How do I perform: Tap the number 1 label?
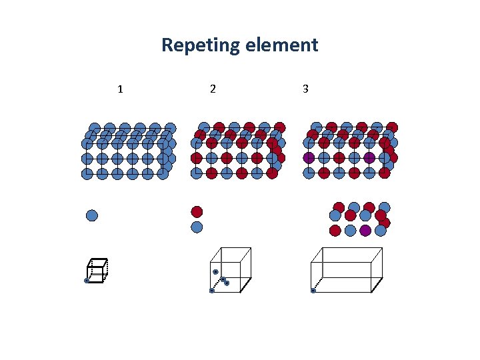coord(120,89)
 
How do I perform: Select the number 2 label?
coord(212,89)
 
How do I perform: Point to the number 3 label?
coord(305,89)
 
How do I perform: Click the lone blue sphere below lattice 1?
coord(92,215)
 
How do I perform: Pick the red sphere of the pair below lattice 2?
coord(197,212)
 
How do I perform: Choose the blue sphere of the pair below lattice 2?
coord(197,227)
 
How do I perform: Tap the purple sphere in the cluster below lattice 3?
coord(365,231)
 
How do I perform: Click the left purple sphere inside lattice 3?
coord(309,159)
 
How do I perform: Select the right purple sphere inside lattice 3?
coord(369,159)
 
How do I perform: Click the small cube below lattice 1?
coord(97,270)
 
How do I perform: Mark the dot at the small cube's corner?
coord(87,281)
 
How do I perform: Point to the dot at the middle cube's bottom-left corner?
coord(211,291)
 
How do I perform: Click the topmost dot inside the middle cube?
coord(215,272)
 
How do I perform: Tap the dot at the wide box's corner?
coord(313,291)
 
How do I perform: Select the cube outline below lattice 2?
coord(231,269)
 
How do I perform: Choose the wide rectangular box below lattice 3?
coord(347,269)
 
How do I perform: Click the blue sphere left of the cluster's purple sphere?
coord(350,231)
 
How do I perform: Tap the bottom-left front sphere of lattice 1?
coord(87,174)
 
